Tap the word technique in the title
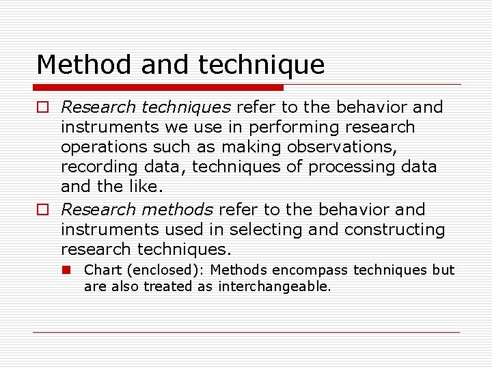point(262,65)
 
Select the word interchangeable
point(275,287)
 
